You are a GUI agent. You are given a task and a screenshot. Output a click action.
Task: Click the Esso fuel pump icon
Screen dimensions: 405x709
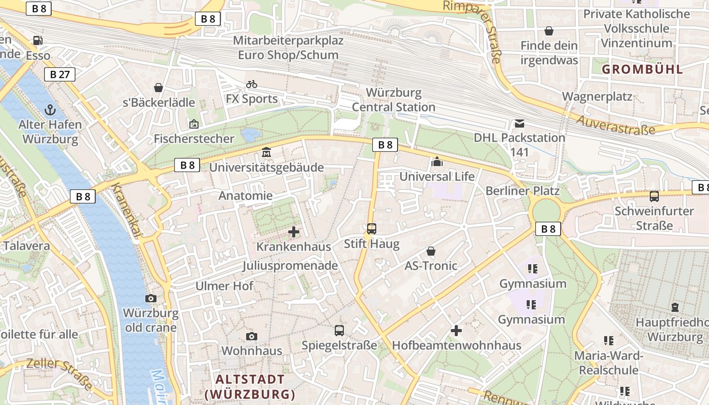[x=37, y=40]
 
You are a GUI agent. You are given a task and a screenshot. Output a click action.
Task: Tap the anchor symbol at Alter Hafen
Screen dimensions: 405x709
[x=50, y=109]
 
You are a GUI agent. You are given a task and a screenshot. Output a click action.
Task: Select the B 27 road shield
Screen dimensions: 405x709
[x=60, y=74]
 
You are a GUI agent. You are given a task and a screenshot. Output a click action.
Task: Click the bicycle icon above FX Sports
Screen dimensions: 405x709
[x=252, y=84]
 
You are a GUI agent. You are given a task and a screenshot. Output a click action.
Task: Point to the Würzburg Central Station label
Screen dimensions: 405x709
[x=393, y=100]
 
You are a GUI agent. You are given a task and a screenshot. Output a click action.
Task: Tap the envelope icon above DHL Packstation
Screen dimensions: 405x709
[x=520, y=123]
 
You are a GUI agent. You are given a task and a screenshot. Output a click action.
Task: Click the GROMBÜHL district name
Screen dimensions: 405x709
[x=642, y=69]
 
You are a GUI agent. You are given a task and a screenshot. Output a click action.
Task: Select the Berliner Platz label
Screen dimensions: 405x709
[x=522, y=191]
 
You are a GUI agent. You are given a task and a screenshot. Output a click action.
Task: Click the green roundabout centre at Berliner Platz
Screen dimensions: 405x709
[x=546, y=210]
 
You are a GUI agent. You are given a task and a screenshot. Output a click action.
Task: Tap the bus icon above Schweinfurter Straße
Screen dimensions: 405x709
[x=654, y=196]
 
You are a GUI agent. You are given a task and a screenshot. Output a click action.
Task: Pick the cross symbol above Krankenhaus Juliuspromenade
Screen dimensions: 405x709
[x=294, y=232]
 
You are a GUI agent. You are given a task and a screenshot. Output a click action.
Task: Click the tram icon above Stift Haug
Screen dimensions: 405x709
[x=372, y=229]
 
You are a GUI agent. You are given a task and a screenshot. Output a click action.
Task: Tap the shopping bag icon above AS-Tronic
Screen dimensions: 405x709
[x=431, y=251]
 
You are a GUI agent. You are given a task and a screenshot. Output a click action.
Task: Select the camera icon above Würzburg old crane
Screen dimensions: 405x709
[x=151, y=298]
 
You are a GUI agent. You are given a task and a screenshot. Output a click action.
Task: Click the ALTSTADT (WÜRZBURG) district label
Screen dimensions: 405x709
[x=250, y=387]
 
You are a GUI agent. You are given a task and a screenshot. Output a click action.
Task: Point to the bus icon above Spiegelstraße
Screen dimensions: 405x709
[x=339, y=331]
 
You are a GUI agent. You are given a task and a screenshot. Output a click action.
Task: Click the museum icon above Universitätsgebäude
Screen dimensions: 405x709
[x=266, y=152]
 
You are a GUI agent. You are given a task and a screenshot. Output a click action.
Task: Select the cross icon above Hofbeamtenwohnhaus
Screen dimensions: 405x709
[x=456, y=331]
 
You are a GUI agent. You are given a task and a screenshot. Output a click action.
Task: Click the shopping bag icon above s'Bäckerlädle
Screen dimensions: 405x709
[x=159, y=88]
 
